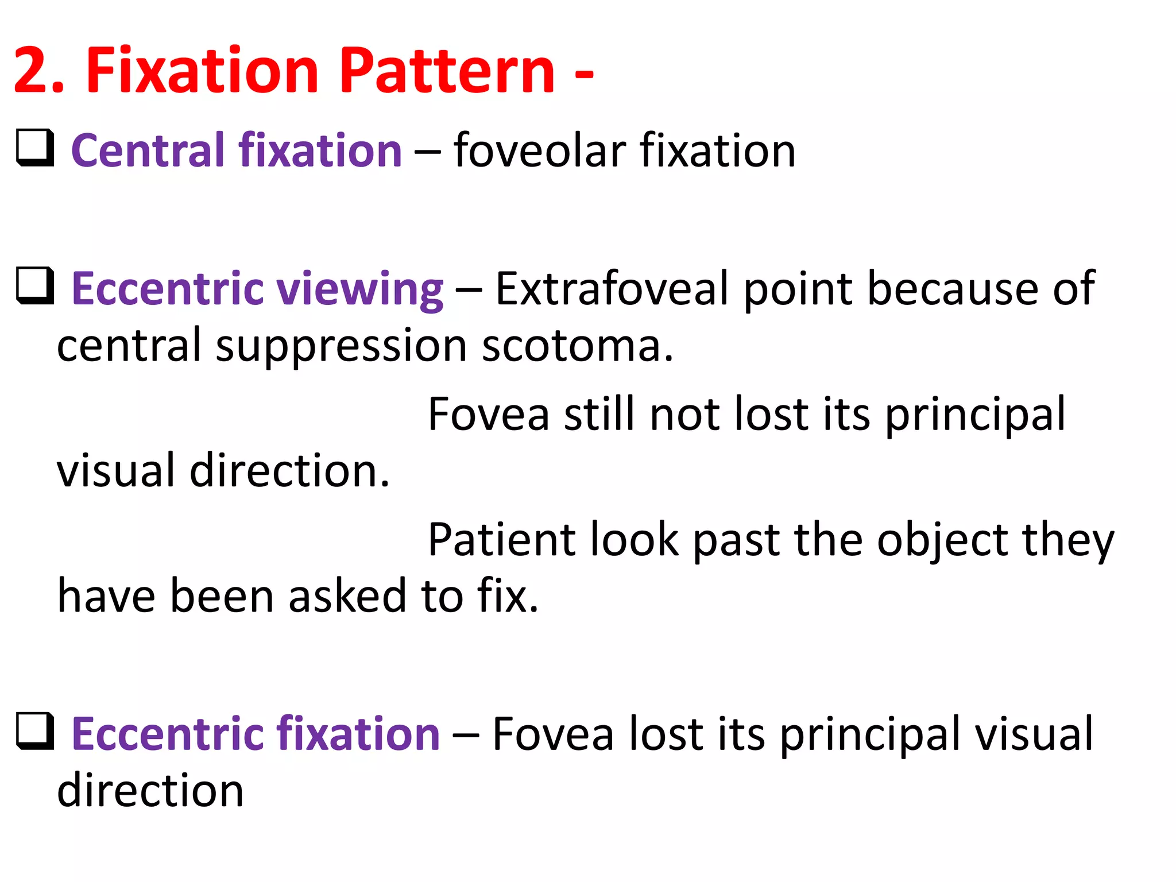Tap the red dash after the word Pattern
pos(584,75)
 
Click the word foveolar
pos(539,150)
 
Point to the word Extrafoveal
pos(612,288)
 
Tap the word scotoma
pos(576,346)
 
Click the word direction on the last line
pos(150,791)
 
